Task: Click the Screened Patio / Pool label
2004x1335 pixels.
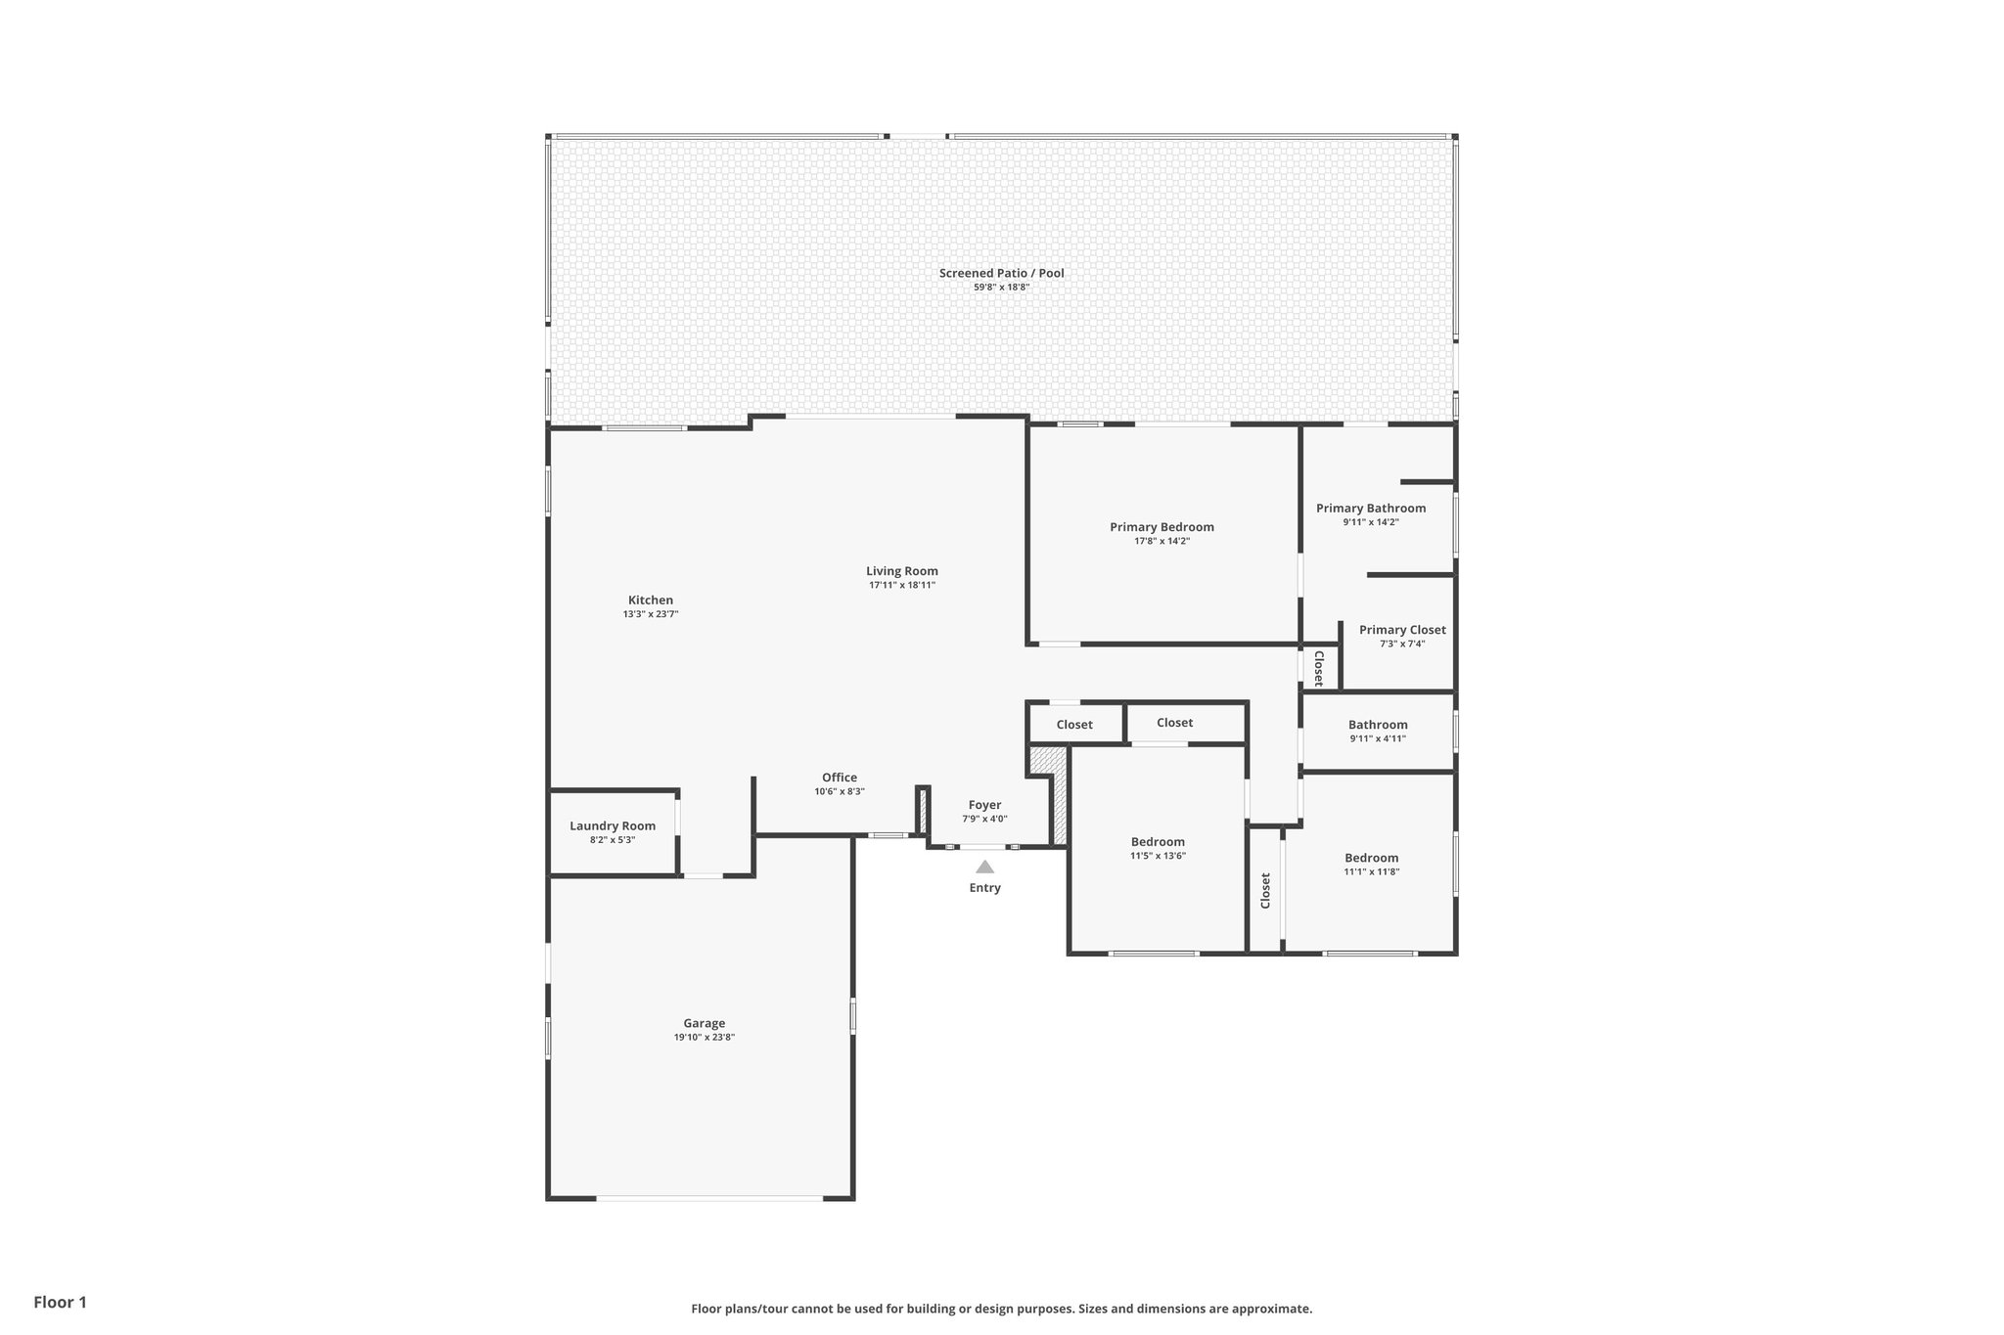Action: [x=1001, y=273]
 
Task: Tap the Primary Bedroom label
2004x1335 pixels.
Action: [x=1161, y=527]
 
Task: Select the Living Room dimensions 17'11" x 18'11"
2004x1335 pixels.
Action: [x=902, y=585]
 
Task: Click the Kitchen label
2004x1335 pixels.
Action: [x=651, y=601]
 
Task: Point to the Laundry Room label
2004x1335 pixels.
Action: [x=613, y=826]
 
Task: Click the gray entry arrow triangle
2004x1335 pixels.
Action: [x=984, y=867]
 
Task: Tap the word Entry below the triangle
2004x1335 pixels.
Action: [x=984, y=888]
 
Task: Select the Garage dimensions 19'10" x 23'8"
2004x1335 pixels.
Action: [x=704, y=1038]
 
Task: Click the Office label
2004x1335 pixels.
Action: [x=840, y=778]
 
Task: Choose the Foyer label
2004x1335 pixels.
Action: [x=984, y=805]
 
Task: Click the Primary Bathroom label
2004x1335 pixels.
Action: [x=1370, y=508]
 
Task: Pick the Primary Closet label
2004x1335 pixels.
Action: [x=1402, y=630]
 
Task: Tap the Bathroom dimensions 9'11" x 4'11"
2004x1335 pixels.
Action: [x=1378, y=738]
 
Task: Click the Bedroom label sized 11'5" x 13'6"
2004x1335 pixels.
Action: [x=1158, y=842]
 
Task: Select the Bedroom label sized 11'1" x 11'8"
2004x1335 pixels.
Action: [x=1371, y=858]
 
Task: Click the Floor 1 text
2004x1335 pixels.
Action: [x=61, y=1302]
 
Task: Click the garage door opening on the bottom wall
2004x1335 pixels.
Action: [x=709, y=1198]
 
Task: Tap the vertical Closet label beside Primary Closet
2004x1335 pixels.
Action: [x=1318, y=669]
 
